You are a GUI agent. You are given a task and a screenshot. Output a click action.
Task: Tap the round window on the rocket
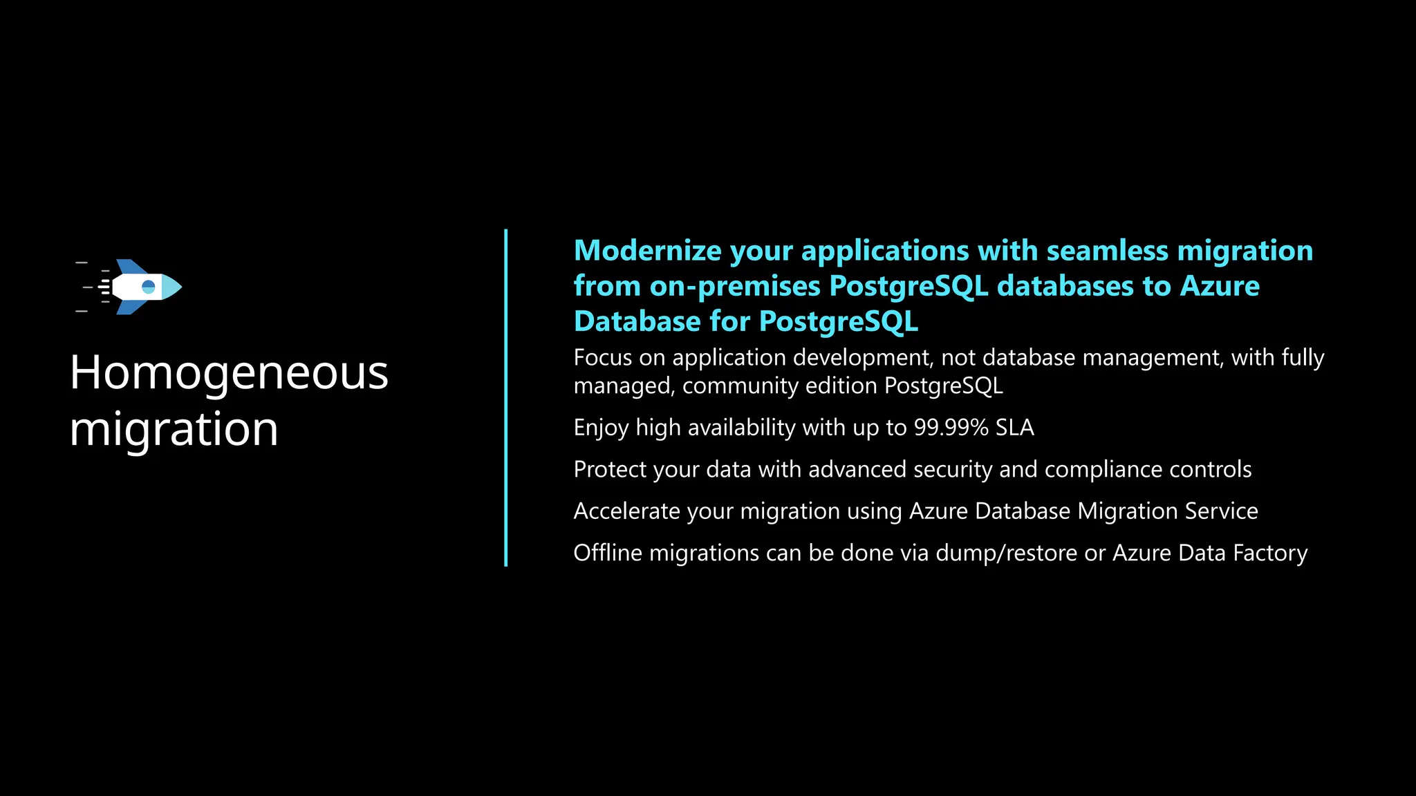[x=149, y=287]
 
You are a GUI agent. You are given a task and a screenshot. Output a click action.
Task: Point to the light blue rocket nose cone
[x=172, y=287]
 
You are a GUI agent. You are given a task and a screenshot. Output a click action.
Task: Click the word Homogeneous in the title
[x=229, y=372]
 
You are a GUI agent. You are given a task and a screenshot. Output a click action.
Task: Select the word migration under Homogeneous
[x=174, y=429]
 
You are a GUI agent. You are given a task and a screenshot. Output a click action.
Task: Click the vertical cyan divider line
[x=506, y=398]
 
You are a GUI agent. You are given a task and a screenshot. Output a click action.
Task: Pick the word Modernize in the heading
[x=647, y=251]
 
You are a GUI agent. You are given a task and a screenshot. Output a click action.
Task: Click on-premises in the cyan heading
[x=734, y=286]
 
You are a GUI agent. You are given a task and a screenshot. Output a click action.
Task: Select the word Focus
[x=602, y=358]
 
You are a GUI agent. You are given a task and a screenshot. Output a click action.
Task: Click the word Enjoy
[x=601, y=428]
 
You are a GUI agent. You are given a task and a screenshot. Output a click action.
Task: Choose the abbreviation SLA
[x=1014, y=428]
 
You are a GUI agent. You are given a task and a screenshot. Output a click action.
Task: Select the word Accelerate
[x=627, y=511]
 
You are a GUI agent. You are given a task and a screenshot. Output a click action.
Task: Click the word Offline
[x=608, y=553]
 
